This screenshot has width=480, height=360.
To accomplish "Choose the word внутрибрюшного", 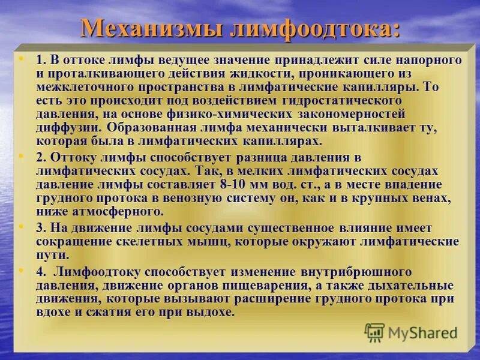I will pyautogui.click(x=352, y=271).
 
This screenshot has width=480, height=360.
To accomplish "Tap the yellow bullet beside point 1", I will pyautogui.click(x=22, y=59).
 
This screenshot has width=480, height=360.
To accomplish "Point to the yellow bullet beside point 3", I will pyautogui.click(x=22, y=228).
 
